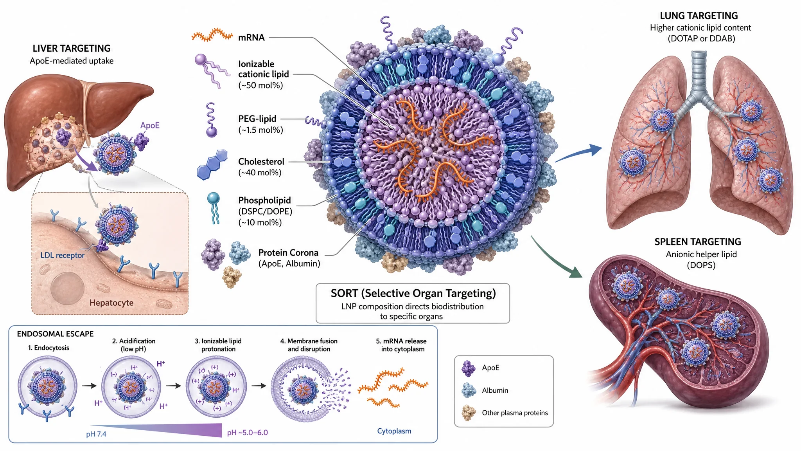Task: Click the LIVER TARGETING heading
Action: pyautogui.click(x=72, y=48)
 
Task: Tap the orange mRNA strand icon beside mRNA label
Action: pyautogui.click(x=212, y=35)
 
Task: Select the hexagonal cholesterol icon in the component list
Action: pyautogui.click(x=212, y=164)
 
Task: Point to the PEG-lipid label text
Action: pyautogui.click(x=257, y=119)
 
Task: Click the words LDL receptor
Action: pyautogui.click(x=63, y=255)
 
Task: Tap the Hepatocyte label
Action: pyautogui.click(x=111, y=303)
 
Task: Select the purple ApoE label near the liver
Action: pyautogui.click(x=150, y=125)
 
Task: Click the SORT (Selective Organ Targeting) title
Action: pyautogui.click(x=413, y=293)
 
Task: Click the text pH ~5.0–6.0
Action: pyautogui.click(x=248, y=433)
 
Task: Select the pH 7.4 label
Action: pyautogui.click(x=96, y=434)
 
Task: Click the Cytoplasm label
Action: pyautogui.click(x=394, y=431)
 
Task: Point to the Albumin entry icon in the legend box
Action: pyautogui.click(x=469, y=390)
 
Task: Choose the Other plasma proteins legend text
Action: pyautogui.click(x=515, y=413)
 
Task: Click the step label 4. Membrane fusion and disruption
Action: pyautogui.click(x=309, y=345)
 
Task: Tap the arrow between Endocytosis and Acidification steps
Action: pyautogui.click(x=89, y=386)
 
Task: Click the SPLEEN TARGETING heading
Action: pyautogui.click(x=698, y=242)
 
